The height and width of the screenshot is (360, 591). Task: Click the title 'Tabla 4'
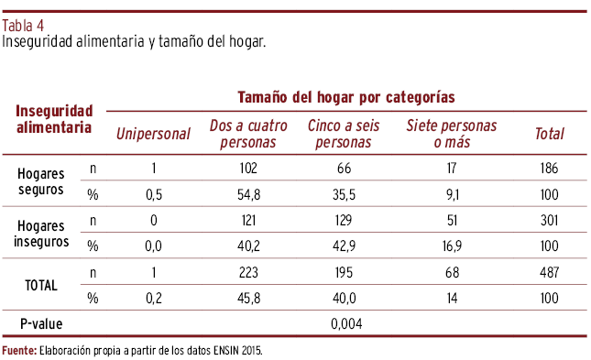(23, 26)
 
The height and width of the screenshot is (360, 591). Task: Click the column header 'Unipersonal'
(153, 134)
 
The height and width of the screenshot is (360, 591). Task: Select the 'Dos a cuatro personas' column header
(248, 134)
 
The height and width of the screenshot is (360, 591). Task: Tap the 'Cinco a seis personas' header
(344, 134)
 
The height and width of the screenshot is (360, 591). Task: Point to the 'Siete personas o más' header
(452, 134)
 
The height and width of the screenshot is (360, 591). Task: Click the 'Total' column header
(550, 134)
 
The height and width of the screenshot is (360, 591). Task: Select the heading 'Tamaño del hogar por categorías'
(346, 97)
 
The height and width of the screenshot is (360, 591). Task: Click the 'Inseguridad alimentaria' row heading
(54, 119)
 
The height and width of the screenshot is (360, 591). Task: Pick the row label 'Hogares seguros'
(40, 181)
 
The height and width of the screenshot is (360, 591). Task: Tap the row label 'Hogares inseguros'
(41, 234)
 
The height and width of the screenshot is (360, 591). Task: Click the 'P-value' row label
(41, 323)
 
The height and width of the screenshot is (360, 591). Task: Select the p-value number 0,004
(346, 323)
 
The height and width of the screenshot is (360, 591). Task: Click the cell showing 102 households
(248, 168)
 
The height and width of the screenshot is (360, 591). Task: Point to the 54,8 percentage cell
(248, 194)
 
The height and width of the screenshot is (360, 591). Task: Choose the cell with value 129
(344, 220)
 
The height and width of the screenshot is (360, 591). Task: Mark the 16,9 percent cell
(452, 246)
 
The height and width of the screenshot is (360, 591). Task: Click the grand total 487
(549, 272)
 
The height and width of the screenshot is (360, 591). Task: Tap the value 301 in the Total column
(549, 220)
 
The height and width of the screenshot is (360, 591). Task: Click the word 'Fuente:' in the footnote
(19, 351)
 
